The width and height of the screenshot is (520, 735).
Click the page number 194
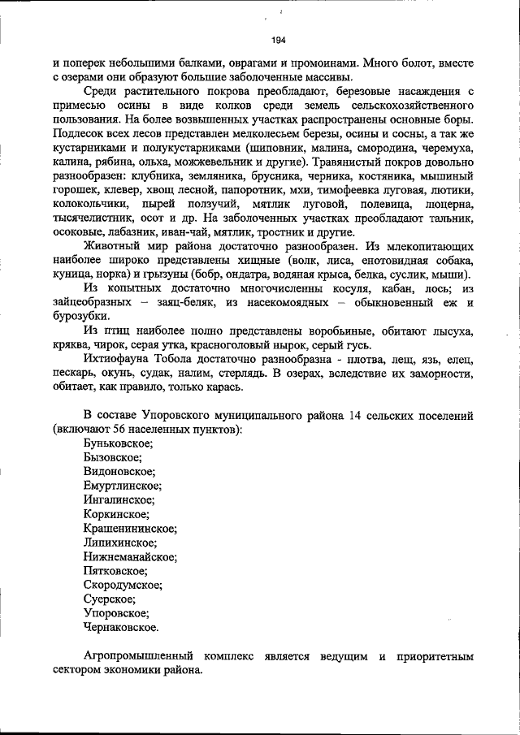[279, 38]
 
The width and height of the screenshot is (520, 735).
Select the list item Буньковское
[118, 443]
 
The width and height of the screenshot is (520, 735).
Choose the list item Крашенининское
[129, 528]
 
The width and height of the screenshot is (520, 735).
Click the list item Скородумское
[123, 585]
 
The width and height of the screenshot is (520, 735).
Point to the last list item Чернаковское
[121, 627]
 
